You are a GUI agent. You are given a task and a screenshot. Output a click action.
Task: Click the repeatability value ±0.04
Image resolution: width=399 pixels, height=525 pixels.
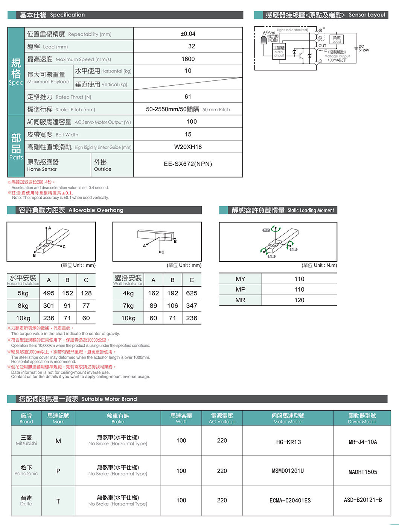[188, 34]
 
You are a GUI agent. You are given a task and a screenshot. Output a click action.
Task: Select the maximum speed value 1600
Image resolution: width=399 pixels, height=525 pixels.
[188, 59]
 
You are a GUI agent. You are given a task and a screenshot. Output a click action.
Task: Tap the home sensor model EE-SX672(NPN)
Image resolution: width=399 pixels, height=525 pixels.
[188, 164]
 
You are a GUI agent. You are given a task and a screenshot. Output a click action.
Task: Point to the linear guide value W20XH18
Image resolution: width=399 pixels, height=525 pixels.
[188, 147]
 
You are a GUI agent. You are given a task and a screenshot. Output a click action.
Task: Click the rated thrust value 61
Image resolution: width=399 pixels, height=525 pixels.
[188, 97]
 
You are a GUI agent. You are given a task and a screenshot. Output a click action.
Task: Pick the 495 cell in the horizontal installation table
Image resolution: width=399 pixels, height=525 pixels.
[49, 293]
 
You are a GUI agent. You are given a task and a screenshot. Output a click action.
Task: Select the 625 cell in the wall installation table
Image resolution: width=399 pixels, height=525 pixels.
[192, 293]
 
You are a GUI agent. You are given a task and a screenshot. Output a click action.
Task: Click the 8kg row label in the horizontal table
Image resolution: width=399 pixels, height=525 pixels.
[23, 306]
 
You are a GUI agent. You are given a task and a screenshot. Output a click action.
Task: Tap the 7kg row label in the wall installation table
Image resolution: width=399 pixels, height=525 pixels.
[128, 306]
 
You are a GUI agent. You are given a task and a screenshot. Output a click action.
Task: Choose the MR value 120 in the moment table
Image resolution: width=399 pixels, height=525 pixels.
[299, 300]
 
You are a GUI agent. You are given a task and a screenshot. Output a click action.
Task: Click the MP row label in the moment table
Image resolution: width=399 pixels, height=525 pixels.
[241, 289]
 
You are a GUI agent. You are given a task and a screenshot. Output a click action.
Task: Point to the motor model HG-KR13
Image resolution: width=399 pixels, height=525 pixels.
[288, 442]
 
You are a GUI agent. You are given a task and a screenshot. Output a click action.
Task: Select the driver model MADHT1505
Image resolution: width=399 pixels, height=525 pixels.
[362, 472]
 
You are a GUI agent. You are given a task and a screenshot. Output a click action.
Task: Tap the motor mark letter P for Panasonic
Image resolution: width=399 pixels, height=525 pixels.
[58, 471]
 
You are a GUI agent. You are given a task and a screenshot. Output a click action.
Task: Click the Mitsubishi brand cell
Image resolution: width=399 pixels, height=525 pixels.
[26, 440]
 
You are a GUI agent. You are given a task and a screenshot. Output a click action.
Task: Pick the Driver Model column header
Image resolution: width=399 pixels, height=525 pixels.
[362, 418]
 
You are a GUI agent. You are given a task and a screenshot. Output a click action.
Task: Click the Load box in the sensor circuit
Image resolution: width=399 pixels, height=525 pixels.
[337, 39]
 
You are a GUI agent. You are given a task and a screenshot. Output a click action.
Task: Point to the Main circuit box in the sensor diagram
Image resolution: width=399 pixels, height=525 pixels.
[279, 51]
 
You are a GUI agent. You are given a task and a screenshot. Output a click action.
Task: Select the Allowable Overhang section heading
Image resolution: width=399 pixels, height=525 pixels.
[71, 210]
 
